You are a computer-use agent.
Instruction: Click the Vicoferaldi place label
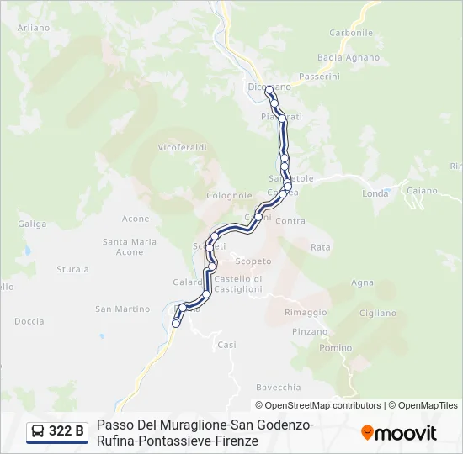(x=181, y=147)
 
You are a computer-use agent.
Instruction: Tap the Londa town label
(x=375, y=193)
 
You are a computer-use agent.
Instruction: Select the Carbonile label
(x=351, y=33)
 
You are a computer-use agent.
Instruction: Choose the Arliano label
(x=34, y=28)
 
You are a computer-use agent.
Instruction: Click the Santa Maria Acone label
(x=130, y=246)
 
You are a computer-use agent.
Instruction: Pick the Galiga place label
(x=32, y=224)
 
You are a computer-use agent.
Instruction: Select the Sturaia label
(x=72, y=269)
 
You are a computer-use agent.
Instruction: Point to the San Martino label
(x=122, y=309)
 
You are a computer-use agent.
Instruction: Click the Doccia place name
(x=29, y=321)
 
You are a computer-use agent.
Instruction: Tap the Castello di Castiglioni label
(x=238, y=283)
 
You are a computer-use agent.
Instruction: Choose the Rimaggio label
(x=306, y=312)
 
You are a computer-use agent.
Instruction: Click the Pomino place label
(x=336, y=348)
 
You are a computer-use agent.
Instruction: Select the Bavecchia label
(x=278, y=388)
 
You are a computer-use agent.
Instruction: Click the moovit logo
(x=399, y=433)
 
